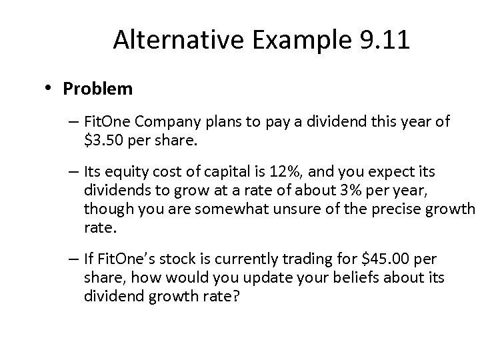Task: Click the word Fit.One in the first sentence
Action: click(x=105, y=122)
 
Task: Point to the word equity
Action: click(x=128, y=173)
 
